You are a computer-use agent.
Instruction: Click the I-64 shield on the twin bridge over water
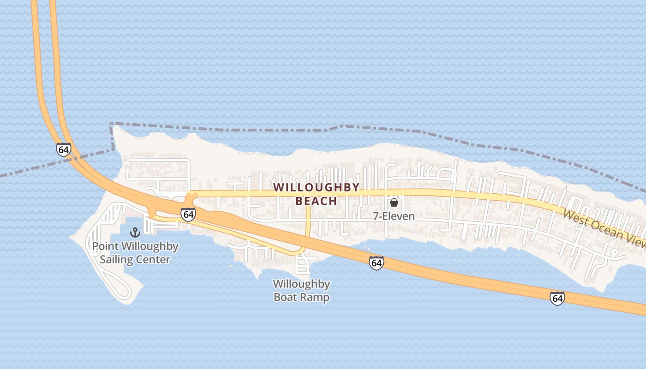click(64, 150)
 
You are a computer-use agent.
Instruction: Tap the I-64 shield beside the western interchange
click(188, 214)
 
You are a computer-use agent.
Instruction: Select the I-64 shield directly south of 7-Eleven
click(376, 263)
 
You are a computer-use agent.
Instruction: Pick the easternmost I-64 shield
click(557, 298)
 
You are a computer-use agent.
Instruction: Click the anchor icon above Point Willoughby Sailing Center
click(135, 232)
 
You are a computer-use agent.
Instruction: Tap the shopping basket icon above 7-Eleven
click(394, 202)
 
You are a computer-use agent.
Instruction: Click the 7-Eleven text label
click(394, 216)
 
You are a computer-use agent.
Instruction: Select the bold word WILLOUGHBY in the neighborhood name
click(316, 187)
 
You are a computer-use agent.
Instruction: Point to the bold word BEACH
click(316, 201)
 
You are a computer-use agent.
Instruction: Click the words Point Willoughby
click(135, 246)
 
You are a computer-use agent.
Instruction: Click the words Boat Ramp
click(301, 297)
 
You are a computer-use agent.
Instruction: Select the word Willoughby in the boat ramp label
click(301, 284)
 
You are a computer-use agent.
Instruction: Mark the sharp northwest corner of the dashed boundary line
click(111, 124)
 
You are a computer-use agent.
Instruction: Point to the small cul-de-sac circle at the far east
click(614, 252)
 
